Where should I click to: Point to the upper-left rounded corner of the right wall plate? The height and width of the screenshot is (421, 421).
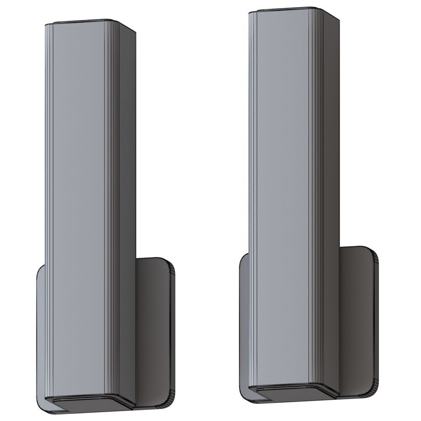(x=243, y=258)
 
